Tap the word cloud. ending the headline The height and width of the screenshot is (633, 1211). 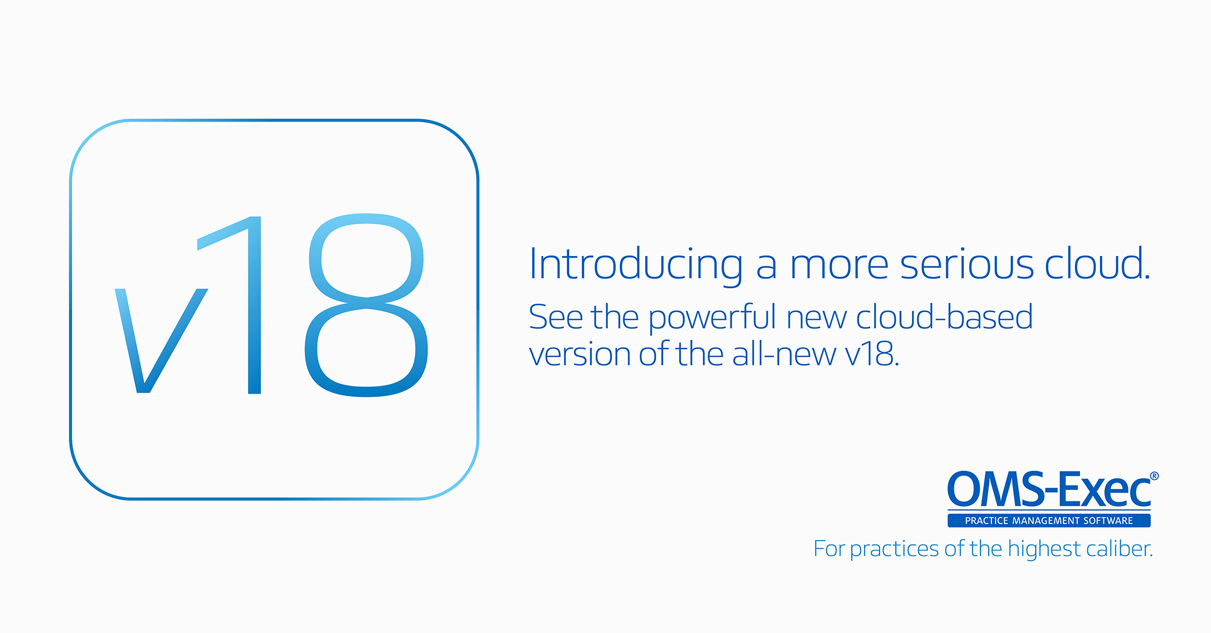pyautogui.click(x=1098, y=263)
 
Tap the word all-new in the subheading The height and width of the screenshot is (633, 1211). pyautogui.click(x=784, y=353)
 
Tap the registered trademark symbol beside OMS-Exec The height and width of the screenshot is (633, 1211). pyautogui.click(x=1154, y=476)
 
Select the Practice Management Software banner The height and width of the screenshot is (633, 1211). pyautogui.click(x=1049, y=520)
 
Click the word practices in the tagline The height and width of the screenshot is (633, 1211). pyautogui.click(x=894, y=550)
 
